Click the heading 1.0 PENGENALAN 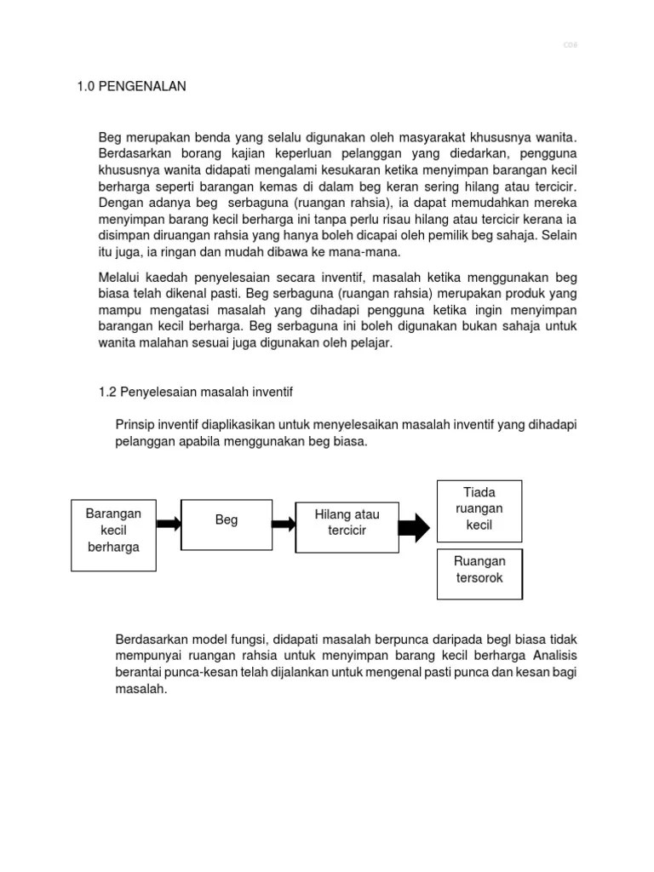[131, 87]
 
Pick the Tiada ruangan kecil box [479, 509]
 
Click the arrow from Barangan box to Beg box [169, 524]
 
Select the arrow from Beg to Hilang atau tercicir [284, 524]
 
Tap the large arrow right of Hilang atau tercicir [415, 528]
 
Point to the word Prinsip [135, 424]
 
